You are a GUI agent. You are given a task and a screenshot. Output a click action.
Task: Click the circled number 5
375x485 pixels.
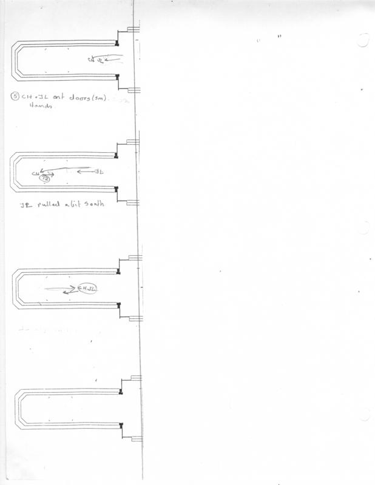15,96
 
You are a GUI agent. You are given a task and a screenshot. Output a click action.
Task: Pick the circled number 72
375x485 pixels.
44,179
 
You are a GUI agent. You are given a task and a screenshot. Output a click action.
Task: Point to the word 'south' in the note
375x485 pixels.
95,205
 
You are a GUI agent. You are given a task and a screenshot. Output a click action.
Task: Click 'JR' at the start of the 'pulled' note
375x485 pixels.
24,205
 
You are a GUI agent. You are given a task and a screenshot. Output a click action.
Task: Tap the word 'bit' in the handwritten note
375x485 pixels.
76,205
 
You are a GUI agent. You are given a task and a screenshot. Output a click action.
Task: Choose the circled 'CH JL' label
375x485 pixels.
87,288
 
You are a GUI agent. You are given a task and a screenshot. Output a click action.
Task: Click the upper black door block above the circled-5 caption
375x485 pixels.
117,43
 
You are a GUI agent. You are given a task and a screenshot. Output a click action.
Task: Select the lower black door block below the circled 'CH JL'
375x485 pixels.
118,304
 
